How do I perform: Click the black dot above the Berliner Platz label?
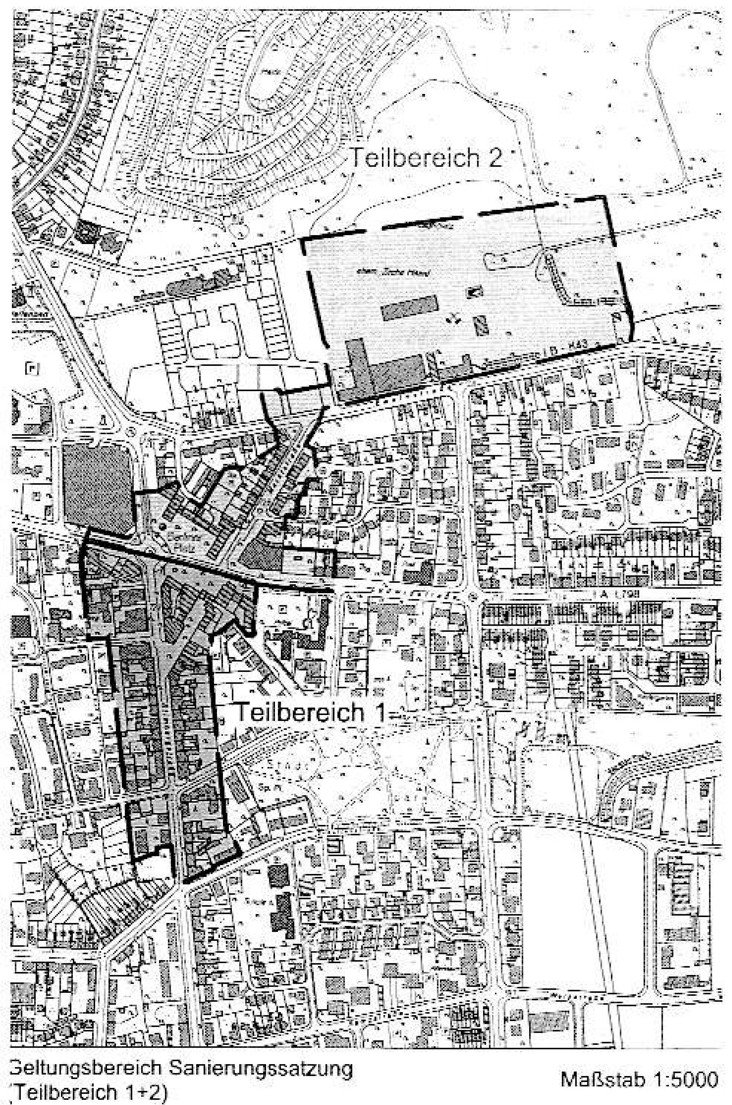162,526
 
